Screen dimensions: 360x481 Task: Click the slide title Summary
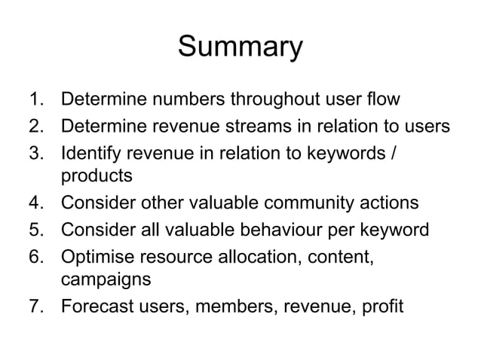(240, 47)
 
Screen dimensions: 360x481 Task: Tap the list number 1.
(34, 99)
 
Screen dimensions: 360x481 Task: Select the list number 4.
(35, 202)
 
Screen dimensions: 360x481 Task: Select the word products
(96, 176)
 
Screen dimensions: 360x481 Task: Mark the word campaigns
(104, 280)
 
